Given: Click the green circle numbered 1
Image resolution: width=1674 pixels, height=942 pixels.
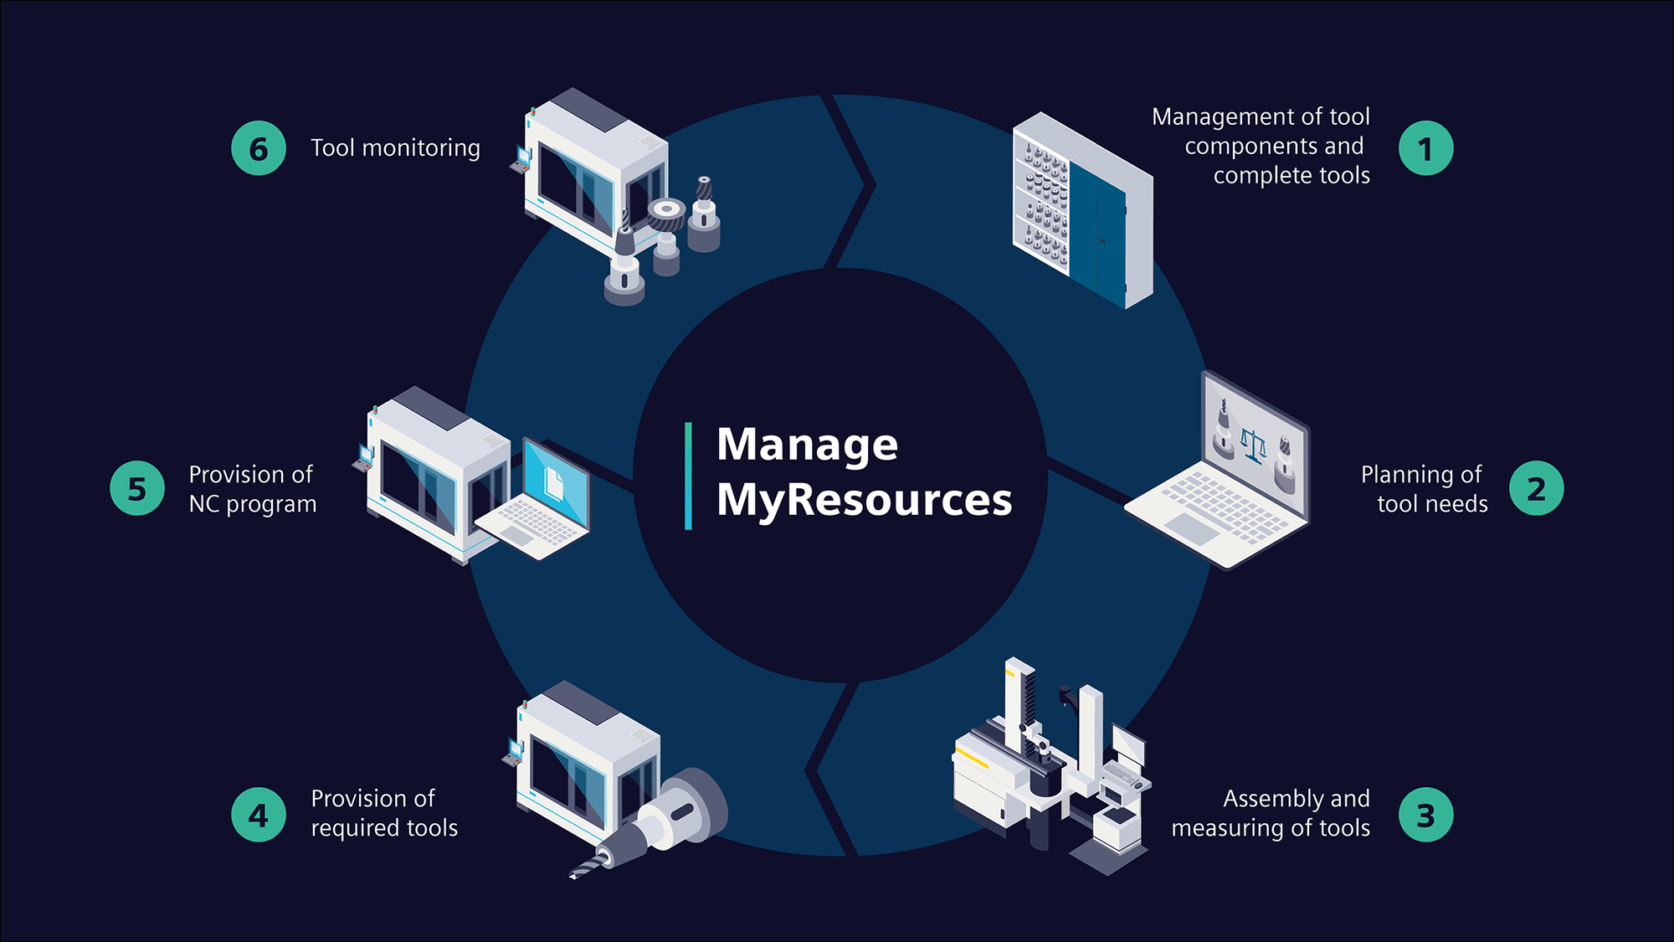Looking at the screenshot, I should click(x=1425, y=148).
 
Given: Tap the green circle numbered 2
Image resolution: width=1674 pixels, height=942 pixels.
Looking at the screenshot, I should click(x=1536, y=488).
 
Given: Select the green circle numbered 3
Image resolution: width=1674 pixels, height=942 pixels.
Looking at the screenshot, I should click(x=1425, y=815).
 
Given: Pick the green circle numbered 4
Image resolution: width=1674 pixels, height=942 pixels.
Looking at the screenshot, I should click(x=259, y=815).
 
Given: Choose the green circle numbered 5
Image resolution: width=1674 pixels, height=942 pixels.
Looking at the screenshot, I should click(x=137, y=488).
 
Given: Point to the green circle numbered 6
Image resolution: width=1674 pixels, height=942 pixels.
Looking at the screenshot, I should click(x=259, y=148).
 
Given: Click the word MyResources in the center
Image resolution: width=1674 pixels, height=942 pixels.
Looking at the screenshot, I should click(x=864, y=500).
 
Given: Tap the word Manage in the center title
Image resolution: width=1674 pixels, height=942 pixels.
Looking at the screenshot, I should click(x=807, y=444).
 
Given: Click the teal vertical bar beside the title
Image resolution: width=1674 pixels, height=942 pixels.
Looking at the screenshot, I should click(x=688, y=476).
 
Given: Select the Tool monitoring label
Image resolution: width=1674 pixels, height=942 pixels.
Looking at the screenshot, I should click(x=395, y=148).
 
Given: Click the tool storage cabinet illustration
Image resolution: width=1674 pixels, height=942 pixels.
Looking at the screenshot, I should click(x=1081, y=210).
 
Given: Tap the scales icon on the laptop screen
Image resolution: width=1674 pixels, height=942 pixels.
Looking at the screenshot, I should click(x=1253, y=445).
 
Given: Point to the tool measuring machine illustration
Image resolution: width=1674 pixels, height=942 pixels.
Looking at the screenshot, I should click(x=1050, y=766).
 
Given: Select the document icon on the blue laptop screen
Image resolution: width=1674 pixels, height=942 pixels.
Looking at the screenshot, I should click(x=553, y=483).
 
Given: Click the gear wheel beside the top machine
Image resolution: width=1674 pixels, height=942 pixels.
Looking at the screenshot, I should click(x=666, y=216).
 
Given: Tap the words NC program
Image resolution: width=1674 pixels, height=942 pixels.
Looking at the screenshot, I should click(x=253, y=504).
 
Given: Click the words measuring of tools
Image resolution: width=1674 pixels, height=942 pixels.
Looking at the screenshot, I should click(x=1270, y=828).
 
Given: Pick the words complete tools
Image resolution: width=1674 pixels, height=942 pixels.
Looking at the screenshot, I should click(x=1291, y=176).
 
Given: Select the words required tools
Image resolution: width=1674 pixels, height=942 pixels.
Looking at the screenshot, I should click(x=384, y=828).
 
